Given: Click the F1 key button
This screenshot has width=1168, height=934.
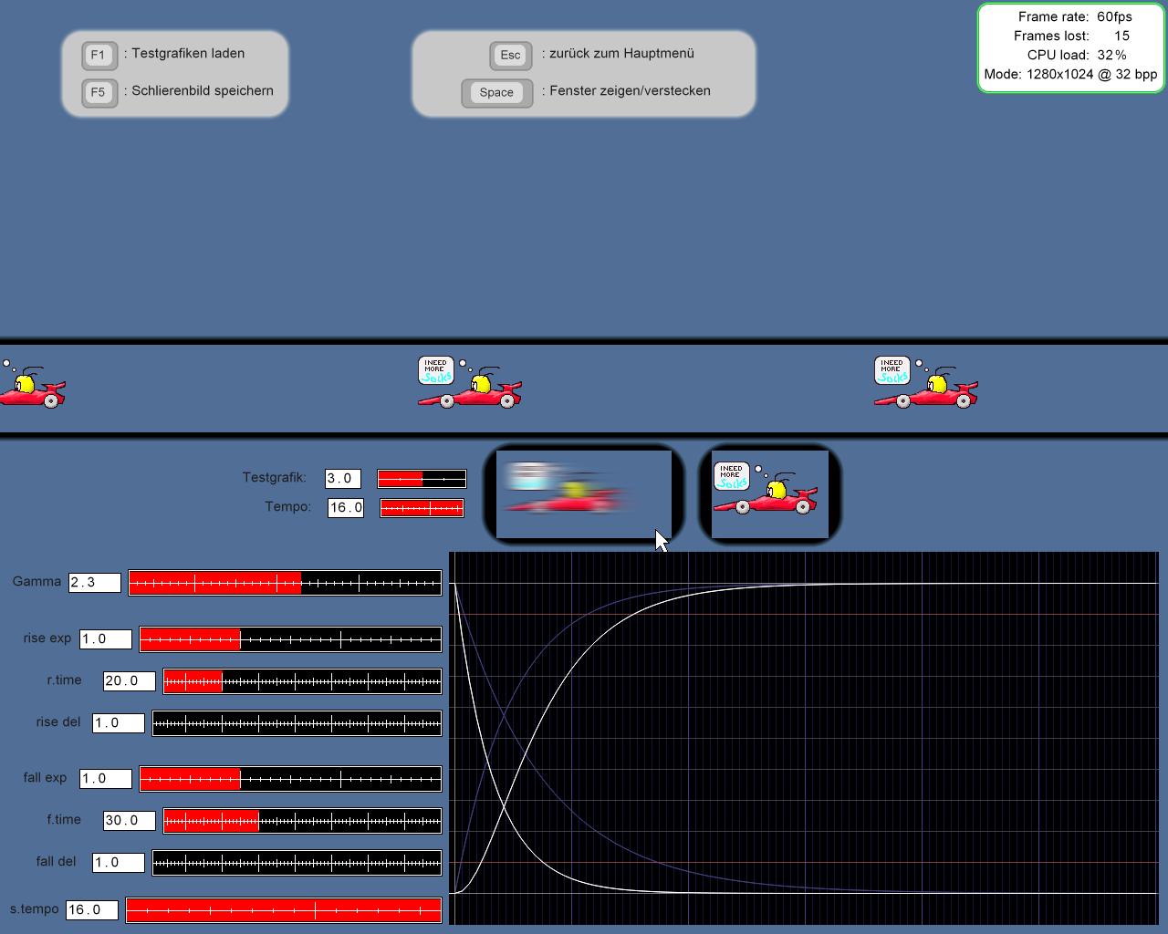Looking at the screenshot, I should coord(99,55).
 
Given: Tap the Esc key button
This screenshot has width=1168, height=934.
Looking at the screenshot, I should coord(510,55).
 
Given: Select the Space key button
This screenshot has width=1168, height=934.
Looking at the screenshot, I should coord(496,92).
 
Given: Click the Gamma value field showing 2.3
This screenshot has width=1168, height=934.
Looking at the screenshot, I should coord(95,582).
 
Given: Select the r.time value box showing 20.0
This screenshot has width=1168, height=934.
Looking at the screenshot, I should coord(129,680).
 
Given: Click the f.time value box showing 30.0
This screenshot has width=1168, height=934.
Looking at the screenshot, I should coord(129,820).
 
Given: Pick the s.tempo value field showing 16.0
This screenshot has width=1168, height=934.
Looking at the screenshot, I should coord(91,909).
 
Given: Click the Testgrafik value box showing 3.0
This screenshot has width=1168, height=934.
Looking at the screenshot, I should coord(343,478).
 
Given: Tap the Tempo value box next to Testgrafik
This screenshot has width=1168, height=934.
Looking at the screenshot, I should coord(346,507).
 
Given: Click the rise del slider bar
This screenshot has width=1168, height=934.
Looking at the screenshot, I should coord(297,723).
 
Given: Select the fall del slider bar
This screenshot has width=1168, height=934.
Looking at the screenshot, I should coord(297,863).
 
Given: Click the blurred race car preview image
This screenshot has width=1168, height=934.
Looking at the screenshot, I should coord(584,493).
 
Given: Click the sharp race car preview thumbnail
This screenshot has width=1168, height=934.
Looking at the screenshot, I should coord(769,493).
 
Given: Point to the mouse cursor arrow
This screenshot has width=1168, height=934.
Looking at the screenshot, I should coord(661,540).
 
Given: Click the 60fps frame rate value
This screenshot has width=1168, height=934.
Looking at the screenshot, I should coord(1114,16).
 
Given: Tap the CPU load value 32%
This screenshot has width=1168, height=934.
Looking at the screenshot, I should coord(1111,55).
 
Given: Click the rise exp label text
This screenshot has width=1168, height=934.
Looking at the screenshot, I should coord(47,638).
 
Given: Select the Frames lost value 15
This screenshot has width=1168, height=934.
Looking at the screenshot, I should coord(1121,36).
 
